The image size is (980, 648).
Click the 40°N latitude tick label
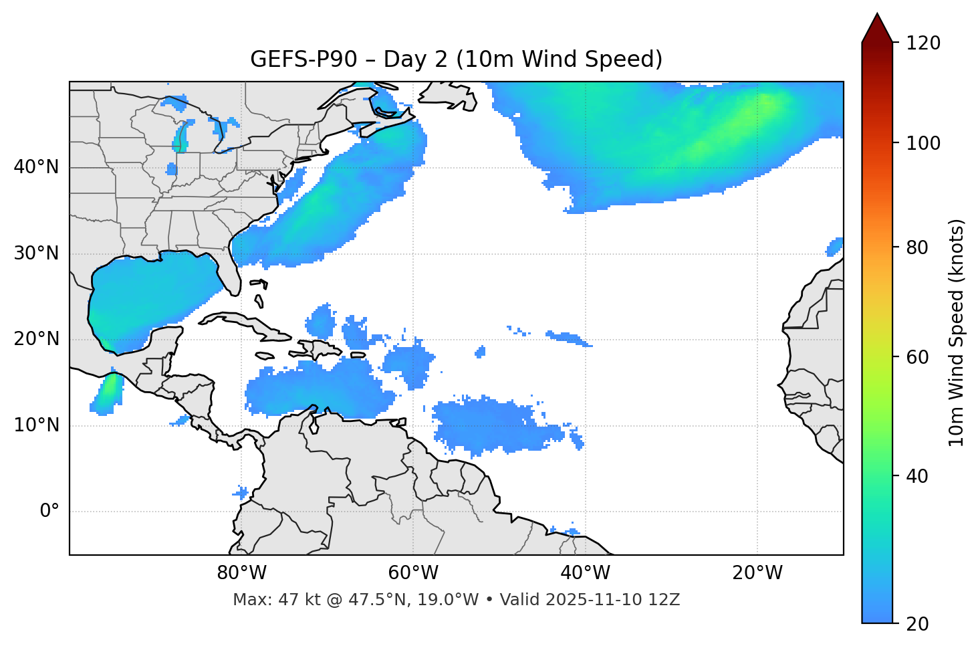click(x=36, y=167)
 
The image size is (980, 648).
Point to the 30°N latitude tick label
click(x=36, y=253)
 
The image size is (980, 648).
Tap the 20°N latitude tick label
click(x=36, y=339)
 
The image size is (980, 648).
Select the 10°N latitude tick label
click(x=36, y=425)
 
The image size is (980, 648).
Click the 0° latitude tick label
click(x=49, y=512)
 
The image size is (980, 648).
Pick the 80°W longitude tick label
click(x=241, y=573)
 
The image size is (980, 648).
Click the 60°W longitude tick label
click(x=413, y=573)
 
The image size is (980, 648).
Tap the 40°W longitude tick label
click(x=585, y=573)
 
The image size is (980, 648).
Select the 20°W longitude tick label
click(x=757, y=573)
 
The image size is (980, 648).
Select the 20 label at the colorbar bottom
click(x=917, y=624)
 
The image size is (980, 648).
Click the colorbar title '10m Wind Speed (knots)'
click(x=957, y=332)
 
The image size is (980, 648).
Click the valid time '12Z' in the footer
click(x=667, y=600)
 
